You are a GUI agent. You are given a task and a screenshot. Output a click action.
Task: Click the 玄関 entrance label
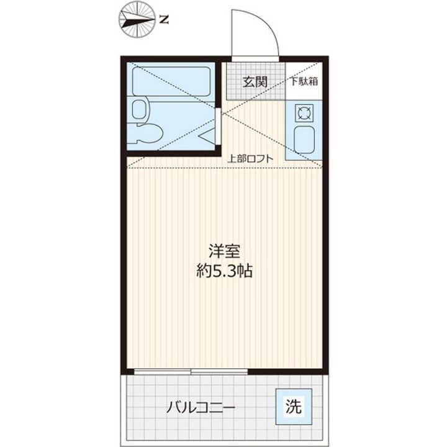tap(255, 81)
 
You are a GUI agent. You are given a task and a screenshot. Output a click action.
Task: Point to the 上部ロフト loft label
tap(250, 158)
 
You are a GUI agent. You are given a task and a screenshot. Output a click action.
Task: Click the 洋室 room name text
tap(224, 253)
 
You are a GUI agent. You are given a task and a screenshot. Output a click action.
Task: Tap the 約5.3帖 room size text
tap(224, 271)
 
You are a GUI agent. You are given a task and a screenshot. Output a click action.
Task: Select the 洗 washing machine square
tap(294, 407)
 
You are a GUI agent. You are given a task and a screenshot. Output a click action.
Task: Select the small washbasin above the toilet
tap(140, 109)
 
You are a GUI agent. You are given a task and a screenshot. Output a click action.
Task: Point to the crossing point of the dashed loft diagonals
tap(224, 114)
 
